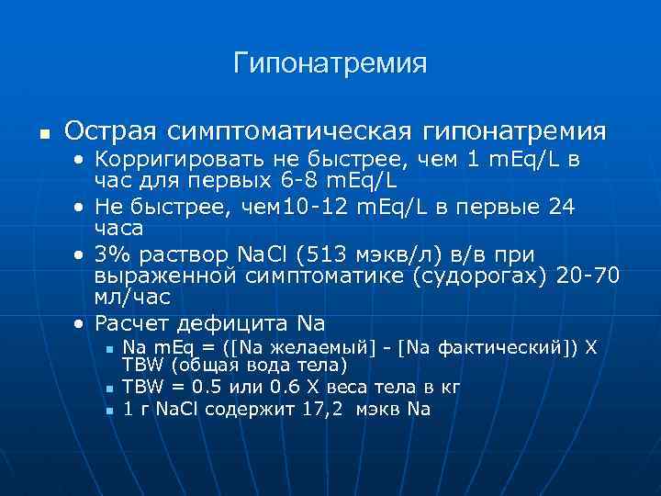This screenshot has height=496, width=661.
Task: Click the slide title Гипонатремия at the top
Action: (330, 63)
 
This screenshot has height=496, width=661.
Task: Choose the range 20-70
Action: (589, 276)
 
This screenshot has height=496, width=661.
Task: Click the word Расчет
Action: (135, 322)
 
